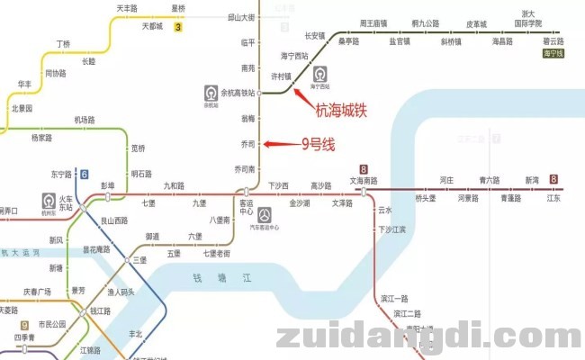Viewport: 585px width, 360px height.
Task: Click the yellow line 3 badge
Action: tap(178, 27)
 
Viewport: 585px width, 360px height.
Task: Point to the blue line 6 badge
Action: tap(84, 175)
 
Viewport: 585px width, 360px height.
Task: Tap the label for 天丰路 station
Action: tap(127, 8)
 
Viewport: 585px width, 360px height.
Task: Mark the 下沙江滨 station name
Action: tap(391, 229)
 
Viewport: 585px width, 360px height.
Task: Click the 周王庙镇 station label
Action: tap(373, 22)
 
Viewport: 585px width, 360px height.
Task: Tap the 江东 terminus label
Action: tap(553, 198)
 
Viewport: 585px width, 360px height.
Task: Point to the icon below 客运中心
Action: tap(264, 215)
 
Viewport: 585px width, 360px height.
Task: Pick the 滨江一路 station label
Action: tap(395, 298)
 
